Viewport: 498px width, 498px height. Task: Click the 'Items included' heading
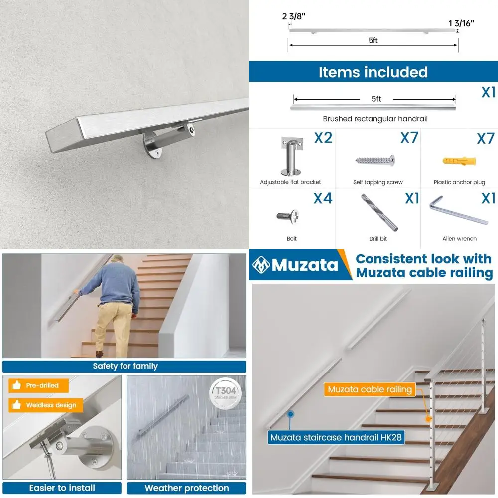(x=373, y=72)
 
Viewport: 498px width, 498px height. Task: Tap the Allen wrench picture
(x=458, y=211)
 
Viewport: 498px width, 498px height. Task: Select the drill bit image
(x=379, y=212)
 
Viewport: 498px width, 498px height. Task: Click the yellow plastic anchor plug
(x=459, y=161)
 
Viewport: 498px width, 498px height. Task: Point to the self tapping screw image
(x=375, y=160)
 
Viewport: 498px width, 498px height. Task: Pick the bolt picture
(x=288, y=216)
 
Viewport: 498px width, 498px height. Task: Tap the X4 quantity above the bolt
(x=323, y=198)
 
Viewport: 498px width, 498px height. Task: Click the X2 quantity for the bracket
(x=323, y=138)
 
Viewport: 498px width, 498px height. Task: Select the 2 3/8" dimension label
(x=294, y=16)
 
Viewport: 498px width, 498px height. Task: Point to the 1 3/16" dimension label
(x=461, y=22)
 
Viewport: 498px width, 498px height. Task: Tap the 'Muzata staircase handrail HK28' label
(x=336, y=438)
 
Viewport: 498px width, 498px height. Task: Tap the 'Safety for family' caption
(x=124, y=366)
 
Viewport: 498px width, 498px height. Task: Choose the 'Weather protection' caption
(x=186, y=488)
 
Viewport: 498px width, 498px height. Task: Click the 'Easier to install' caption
(x=62, y=488)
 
